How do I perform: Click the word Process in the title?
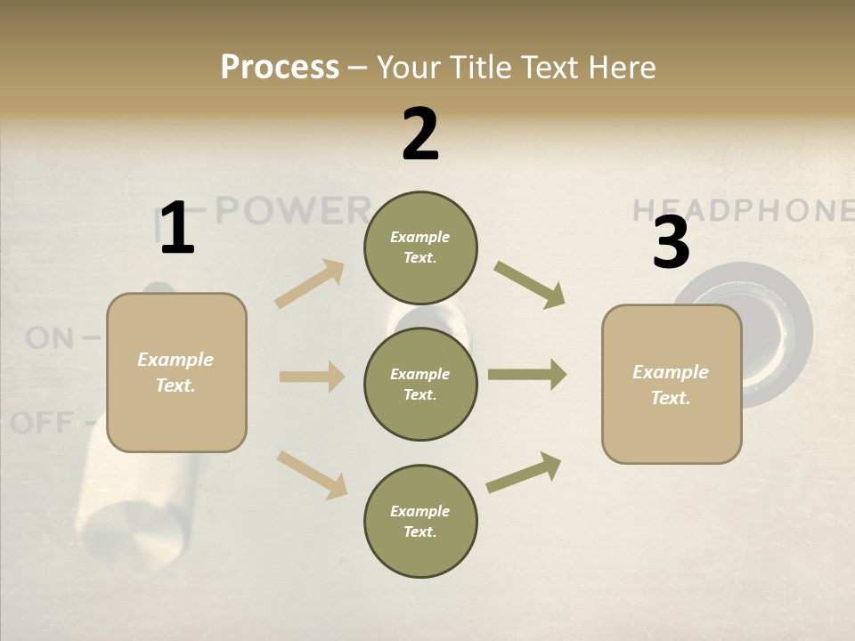tap(280, 68)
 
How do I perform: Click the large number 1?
tap(177, 229)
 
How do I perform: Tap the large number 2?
tap(420, 134)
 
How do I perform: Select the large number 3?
tap(671, 243)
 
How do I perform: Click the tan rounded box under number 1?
tap(176, 372)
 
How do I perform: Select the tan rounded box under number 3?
tap(672, 385)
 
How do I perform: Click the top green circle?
tap(420, 247)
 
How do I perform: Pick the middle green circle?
tap(420, 385)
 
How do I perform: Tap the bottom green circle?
tap(420, 522)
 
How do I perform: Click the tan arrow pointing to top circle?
tap(310, 284)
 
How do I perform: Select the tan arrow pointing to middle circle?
tap(311, 377)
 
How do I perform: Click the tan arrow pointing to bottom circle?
tap(312, 474)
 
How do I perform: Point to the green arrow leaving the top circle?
tap(529, 284)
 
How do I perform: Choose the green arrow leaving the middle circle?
tap(526, 375)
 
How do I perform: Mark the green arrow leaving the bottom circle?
tap(524, 473)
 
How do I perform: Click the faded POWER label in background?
tap(294, 211)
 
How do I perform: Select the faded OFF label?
tap(42, 422)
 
